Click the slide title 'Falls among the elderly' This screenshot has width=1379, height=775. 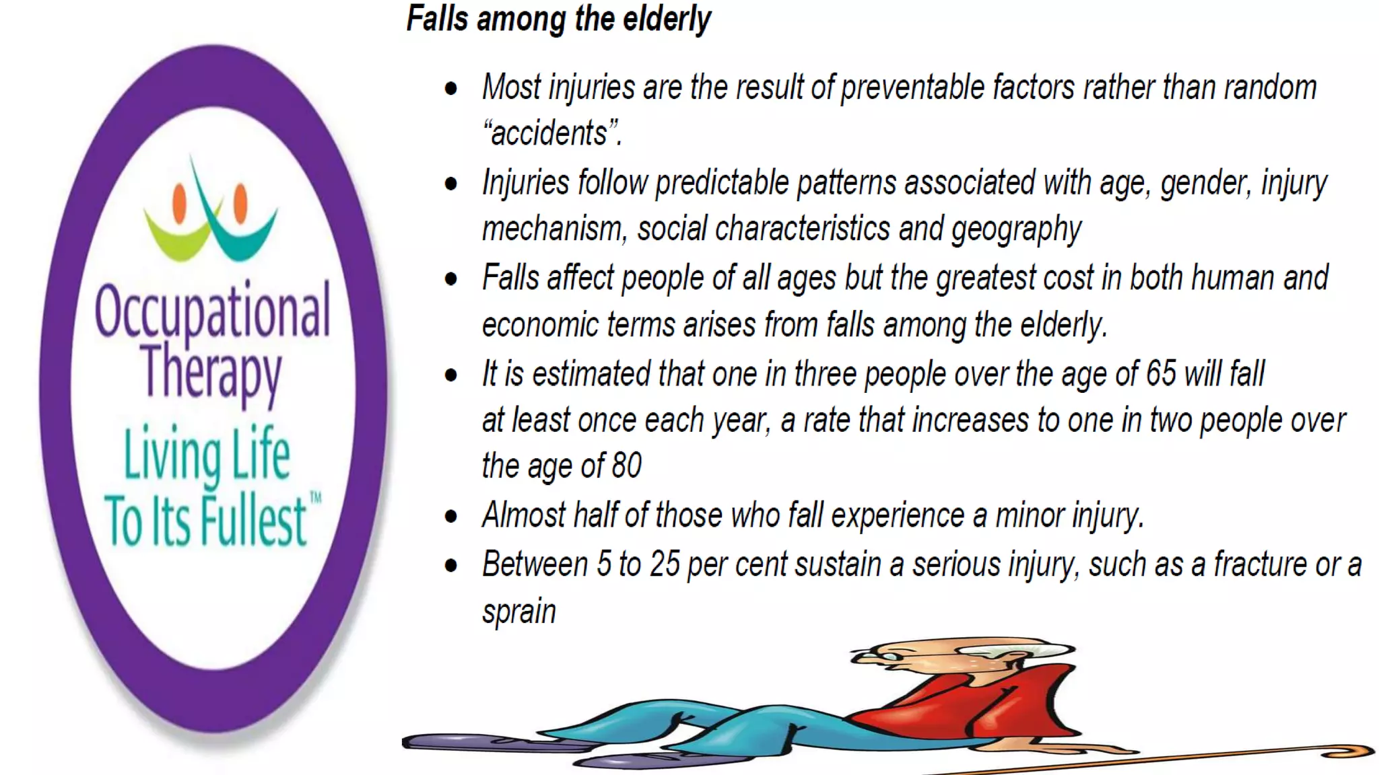(x=558, y=19)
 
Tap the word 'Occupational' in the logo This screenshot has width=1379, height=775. (x=213, y=311)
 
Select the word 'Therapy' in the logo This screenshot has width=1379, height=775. (x=211, y=372)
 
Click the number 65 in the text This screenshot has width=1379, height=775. (x=1161, y=373)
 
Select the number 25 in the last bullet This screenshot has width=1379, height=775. (x=665, y=564)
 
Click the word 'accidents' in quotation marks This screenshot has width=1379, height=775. (x=549, y=133)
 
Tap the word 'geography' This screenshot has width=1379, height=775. (x=1016, y=229)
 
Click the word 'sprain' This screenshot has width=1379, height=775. (x=519, y=612)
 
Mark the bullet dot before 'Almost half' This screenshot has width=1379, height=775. (x=451, y=517)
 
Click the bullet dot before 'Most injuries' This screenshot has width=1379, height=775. (x=451, y=88)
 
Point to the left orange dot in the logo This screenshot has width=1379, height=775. (x=179, y=203)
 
